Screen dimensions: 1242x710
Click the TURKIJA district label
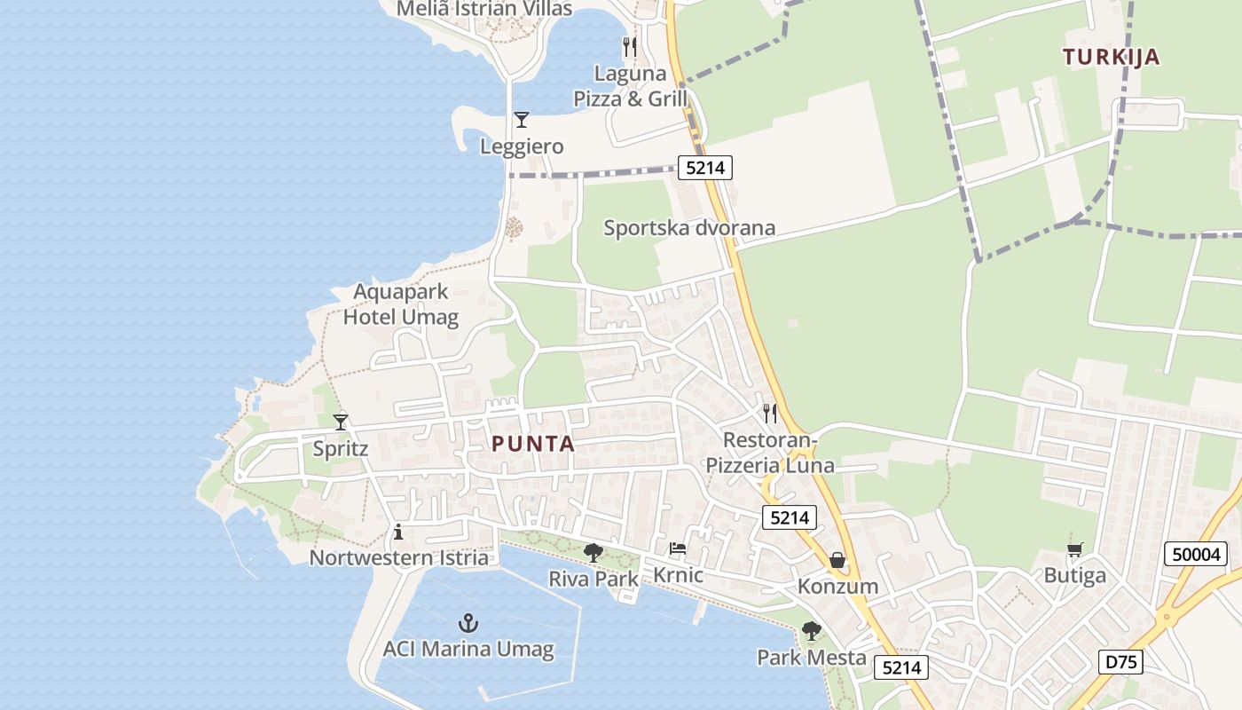[x=1111, y=58]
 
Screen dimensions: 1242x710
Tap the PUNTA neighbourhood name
[x=533, y=444]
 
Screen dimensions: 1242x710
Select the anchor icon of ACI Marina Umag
[x=468, y=623]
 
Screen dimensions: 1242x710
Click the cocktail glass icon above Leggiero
[x=522, y=120]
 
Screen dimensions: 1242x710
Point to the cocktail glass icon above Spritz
[x=341, y=422]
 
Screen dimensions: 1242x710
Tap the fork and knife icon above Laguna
[x=630, y=46]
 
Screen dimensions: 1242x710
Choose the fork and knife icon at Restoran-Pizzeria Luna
[x=770, y=413]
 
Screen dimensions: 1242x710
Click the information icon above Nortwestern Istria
[x=398, y=532]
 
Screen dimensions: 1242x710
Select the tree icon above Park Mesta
[x=811, y=631]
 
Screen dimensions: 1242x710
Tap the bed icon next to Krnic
[x=678, y=549]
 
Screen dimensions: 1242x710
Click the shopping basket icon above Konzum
[x=837, y=560]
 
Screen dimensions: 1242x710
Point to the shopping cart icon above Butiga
[x=1074, y=549]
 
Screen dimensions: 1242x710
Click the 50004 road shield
[x=1196, y=555]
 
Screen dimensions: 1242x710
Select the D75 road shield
[x=1120, y=661]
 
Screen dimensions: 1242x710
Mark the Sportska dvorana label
[x=689, y=228]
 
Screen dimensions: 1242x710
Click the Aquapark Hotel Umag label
[x=401, y=304]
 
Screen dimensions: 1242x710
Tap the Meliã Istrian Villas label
[x=484, y=9]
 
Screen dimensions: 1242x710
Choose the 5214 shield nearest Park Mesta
[x=901, y=667]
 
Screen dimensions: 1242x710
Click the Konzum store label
[x=837, y=587]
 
